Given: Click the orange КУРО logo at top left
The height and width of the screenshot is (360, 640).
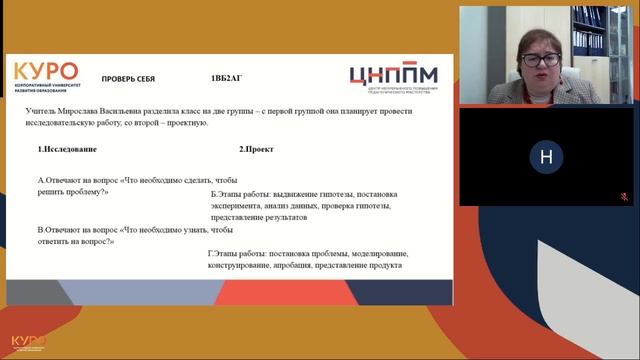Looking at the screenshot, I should tap(46, 72).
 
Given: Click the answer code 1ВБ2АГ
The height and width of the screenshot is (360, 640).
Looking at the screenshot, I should tap(226, 79).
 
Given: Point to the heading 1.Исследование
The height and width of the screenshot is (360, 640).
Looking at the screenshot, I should tap(68, 149).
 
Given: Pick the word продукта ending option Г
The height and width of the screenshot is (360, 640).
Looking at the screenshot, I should tap(383, 266).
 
